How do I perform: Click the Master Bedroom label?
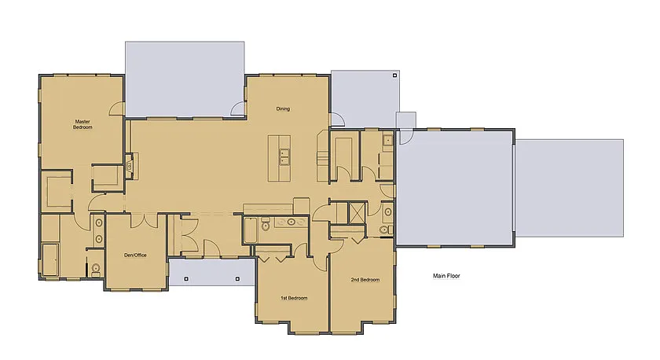[x=83, y=124]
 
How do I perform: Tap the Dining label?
[x=283, y=108]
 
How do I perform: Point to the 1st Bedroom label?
[x=294, y=298]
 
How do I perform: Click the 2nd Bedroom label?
[x=365, y=280]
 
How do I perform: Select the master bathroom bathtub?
[x=49, y=259]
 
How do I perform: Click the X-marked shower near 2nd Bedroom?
[x=356, y=213]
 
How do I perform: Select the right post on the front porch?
[x=236, y=278]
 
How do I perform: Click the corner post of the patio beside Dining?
[x=394, y=77]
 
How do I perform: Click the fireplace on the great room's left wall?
[x=128, y=167]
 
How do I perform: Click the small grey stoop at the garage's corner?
[x=405, y=119]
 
